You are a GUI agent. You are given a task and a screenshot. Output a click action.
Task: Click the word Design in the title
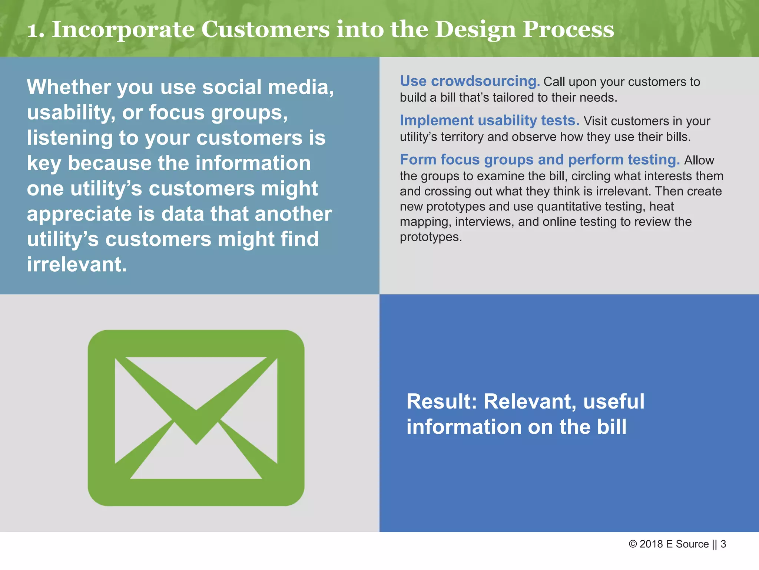click(x=475, y=30)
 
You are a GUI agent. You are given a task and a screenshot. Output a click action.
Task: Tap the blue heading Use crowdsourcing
click(x=469, y=81)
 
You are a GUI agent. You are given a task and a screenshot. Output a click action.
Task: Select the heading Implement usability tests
click(x=489, y=121)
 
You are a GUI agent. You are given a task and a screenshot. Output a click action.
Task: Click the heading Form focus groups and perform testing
click(x=540, y=160)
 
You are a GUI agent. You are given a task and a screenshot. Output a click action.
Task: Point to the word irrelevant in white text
click(x=77, y=265)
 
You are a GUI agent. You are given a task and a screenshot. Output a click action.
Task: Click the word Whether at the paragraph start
click(x=69, y=87)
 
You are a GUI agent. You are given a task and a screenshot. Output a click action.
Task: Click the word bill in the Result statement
click(x=611, y=427)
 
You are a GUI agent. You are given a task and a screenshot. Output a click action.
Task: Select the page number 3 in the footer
click(x=723, y=544)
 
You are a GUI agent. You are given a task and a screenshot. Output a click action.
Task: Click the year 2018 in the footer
click(x=651, y=544)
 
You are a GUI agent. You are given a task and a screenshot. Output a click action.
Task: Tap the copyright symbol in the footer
click(x=633, y=544)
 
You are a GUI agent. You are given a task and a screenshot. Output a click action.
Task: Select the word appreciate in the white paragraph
click(x=79, y=214)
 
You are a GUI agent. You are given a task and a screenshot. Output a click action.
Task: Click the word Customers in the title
click(x=265, y=30)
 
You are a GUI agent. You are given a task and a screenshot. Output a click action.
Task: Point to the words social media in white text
click(x=268, y=87)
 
